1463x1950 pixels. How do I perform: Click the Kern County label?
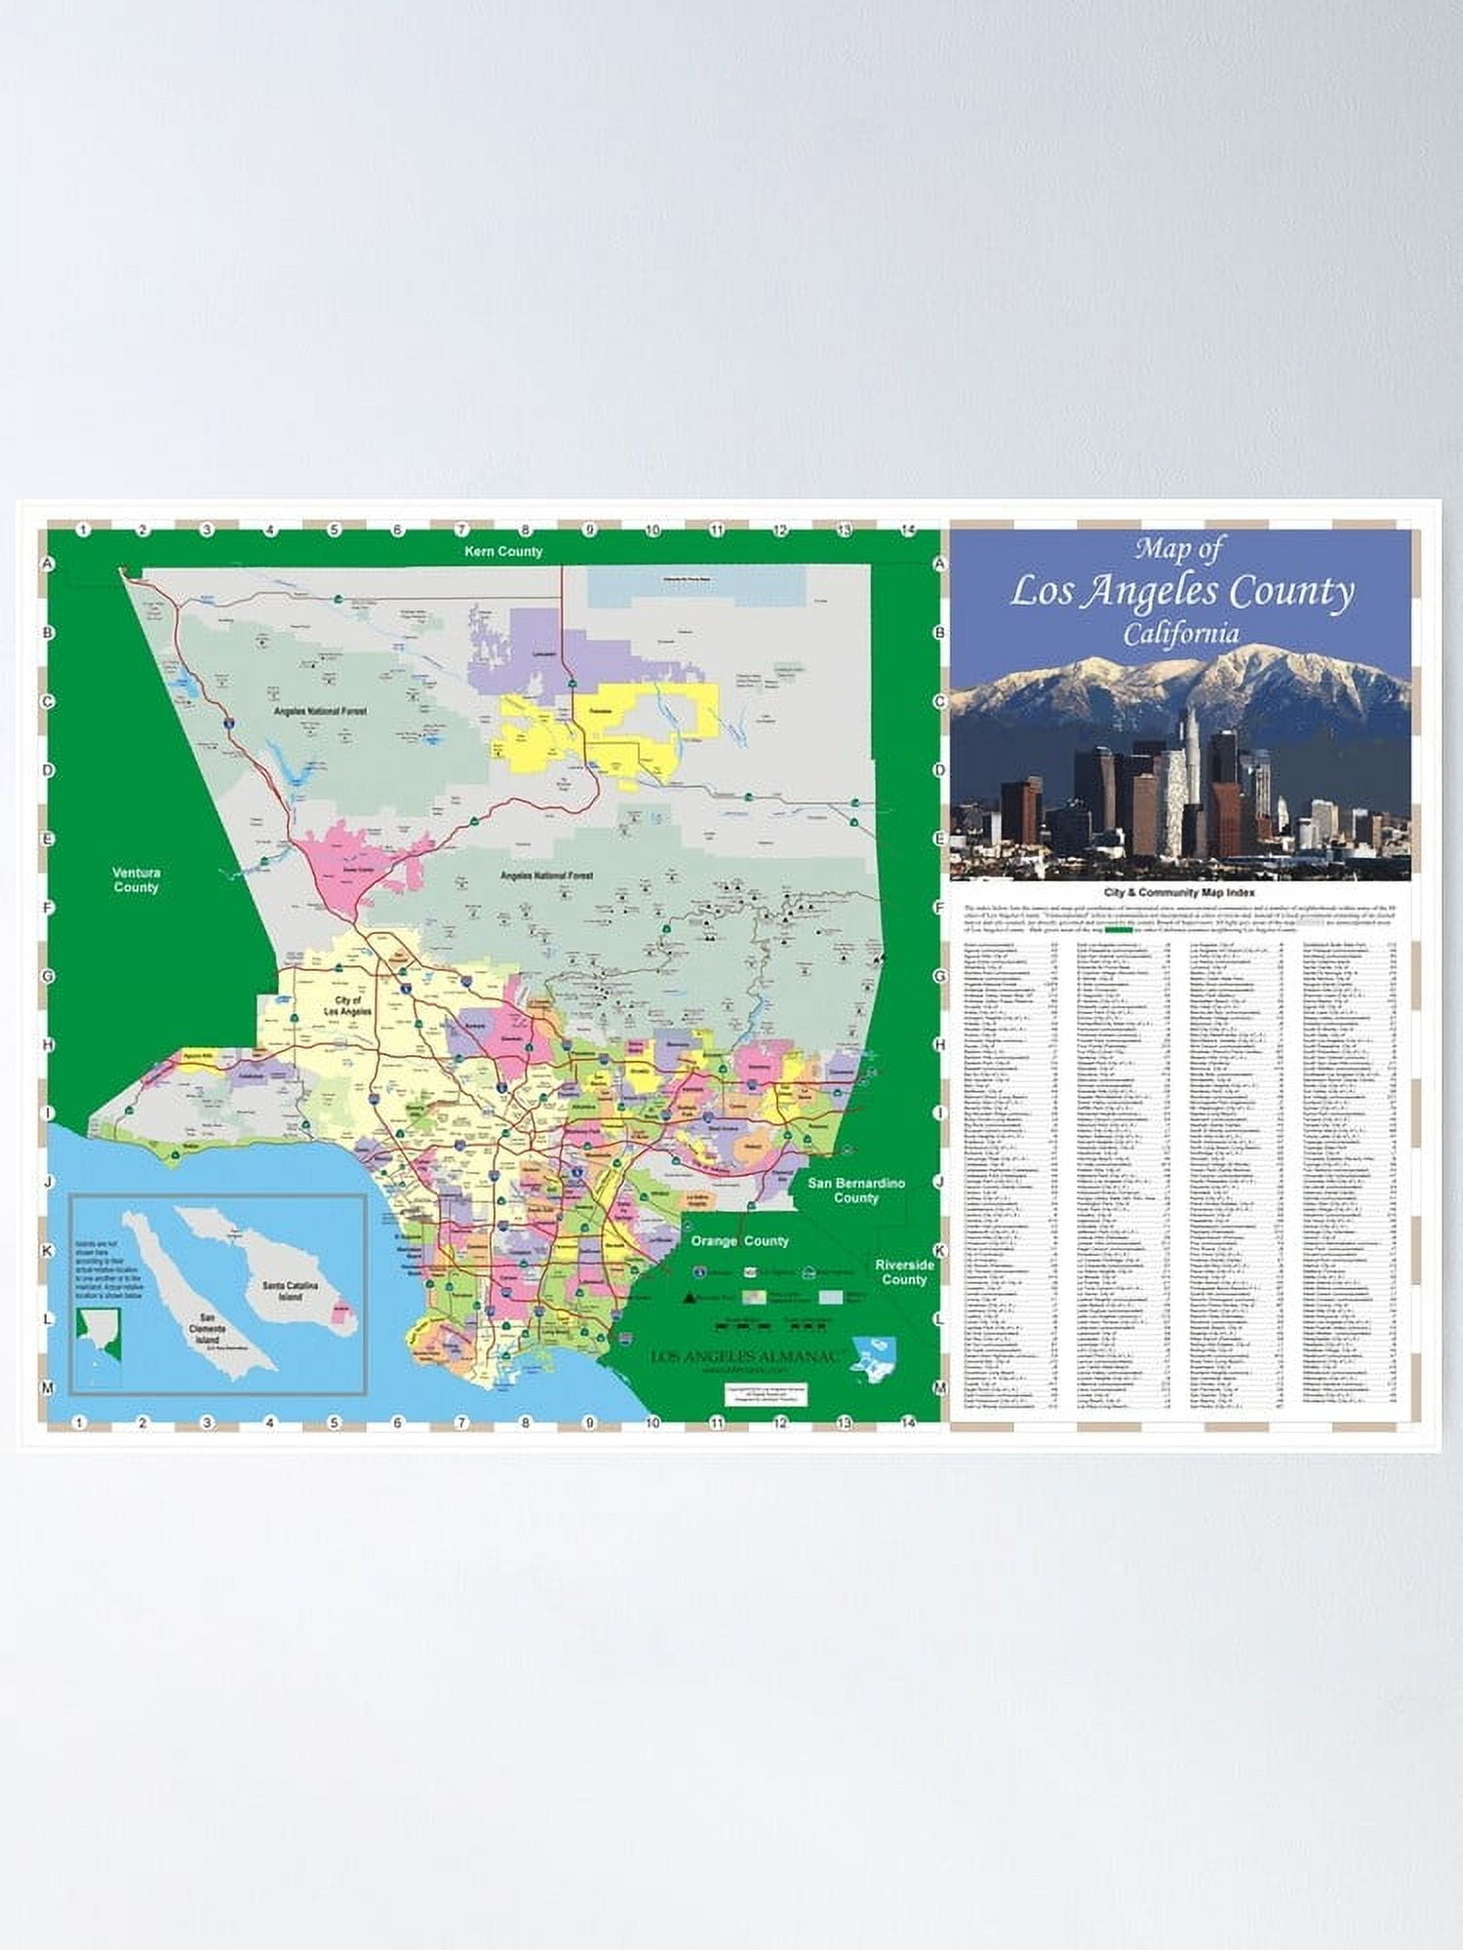[x=503, y=552]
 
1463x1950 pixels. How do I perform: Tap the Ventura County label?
[x=136, y=879]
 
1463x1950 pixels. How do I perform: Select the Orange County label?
[x=739, y=1241]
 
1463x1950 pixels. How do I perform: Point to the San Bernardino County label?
[x=855, y=1190]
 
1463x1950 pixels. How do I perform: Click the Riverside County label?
[x=904, y=1271]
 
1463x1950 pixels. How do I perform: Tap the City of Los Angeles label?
[x=347, y=1007]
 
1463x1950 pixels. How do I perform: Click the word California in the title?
[x=1180, y=634]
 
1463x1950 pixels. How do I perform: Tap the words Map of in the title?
[x=1178, y=550]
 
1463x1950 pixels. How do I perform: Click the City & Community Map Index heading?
[x=1180, y=892]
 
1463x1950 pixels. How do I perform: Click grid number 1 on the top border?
[x=83, y=529]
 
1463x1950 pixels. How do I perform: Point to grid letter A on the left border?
[x=45, y=565]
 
